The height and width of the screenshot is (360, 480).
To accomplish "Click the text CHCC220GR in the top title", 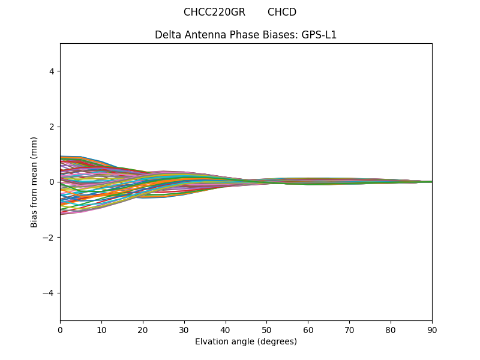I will point(214,12).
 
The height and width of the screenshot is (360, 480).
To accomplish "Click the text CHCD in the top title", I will point(282,12).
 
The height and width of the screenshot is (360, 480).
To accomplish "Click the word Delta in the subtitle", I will point(168,35).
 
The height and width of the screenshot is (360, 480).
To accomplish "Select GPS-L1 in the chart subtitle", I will point(319,35).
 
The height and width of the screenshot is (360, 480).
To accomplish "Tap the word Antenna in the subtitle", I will point(203,35).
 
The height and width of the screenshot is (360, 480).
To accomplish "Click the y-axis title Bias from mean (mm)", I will point(35,182).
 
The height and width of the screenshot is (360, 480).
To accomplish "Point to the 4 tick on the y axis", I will point(52,71).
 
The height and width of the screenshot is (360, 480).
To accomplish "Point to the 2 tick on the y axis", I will point(52,127).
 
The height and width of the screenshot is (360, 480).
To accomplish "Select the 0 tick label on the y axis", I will point(52,182).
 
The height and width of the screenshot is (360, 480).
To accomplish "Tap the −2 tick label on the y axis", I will point(49,238).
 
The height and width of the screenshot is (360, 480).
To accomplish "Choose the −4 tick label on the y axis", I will point(49,293).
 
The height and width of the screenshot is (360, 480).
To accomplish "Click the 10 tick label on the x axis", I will point(101,330).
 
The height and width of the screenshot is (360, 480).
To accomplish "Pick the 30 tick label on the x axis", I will point(184,330).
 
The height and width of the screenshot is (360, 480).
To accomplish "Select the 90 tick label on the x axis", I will point(432,330).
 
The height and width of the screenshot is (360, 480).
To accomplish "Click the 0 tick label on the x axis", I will point(60,330).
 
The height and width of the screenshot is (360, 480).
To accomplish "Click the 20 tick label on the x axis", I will point(143,330).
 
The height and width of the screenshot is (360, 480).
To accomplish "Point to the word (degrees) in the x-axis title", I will point(275,342).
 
